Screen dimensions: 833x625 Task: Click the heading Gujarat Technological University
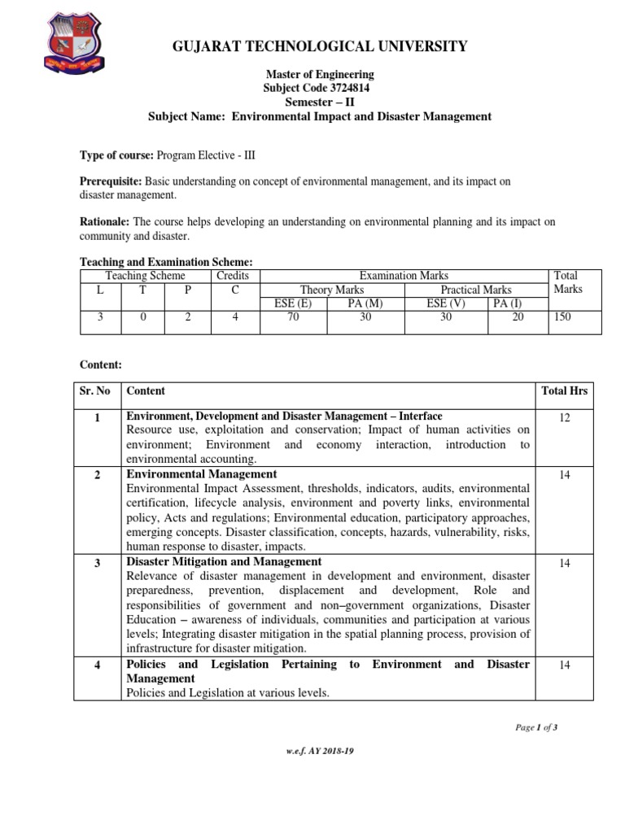320,46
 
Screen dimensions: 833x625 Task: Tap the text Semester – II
319,102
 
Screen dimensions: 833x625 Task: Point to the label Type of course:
116,155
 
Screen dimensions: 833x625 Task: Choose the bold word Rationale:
104,221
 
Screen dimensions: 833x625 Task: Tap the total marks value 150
562,317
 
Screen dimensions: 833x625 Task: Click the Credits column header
234,276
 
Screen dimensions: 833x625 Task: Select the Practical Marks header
476,290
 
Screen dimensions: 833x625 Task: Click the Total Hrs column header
564,390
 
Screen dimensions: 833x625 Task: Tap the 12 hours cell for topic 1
564,417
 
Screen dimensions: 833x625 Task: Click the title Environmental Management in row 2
201,473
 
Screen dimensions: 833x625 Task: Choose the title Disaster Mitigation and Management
224,561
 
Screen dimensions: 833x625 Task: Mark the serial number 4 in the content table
97,665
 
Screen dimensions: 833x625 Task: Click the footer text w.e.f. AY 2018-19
319,751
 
